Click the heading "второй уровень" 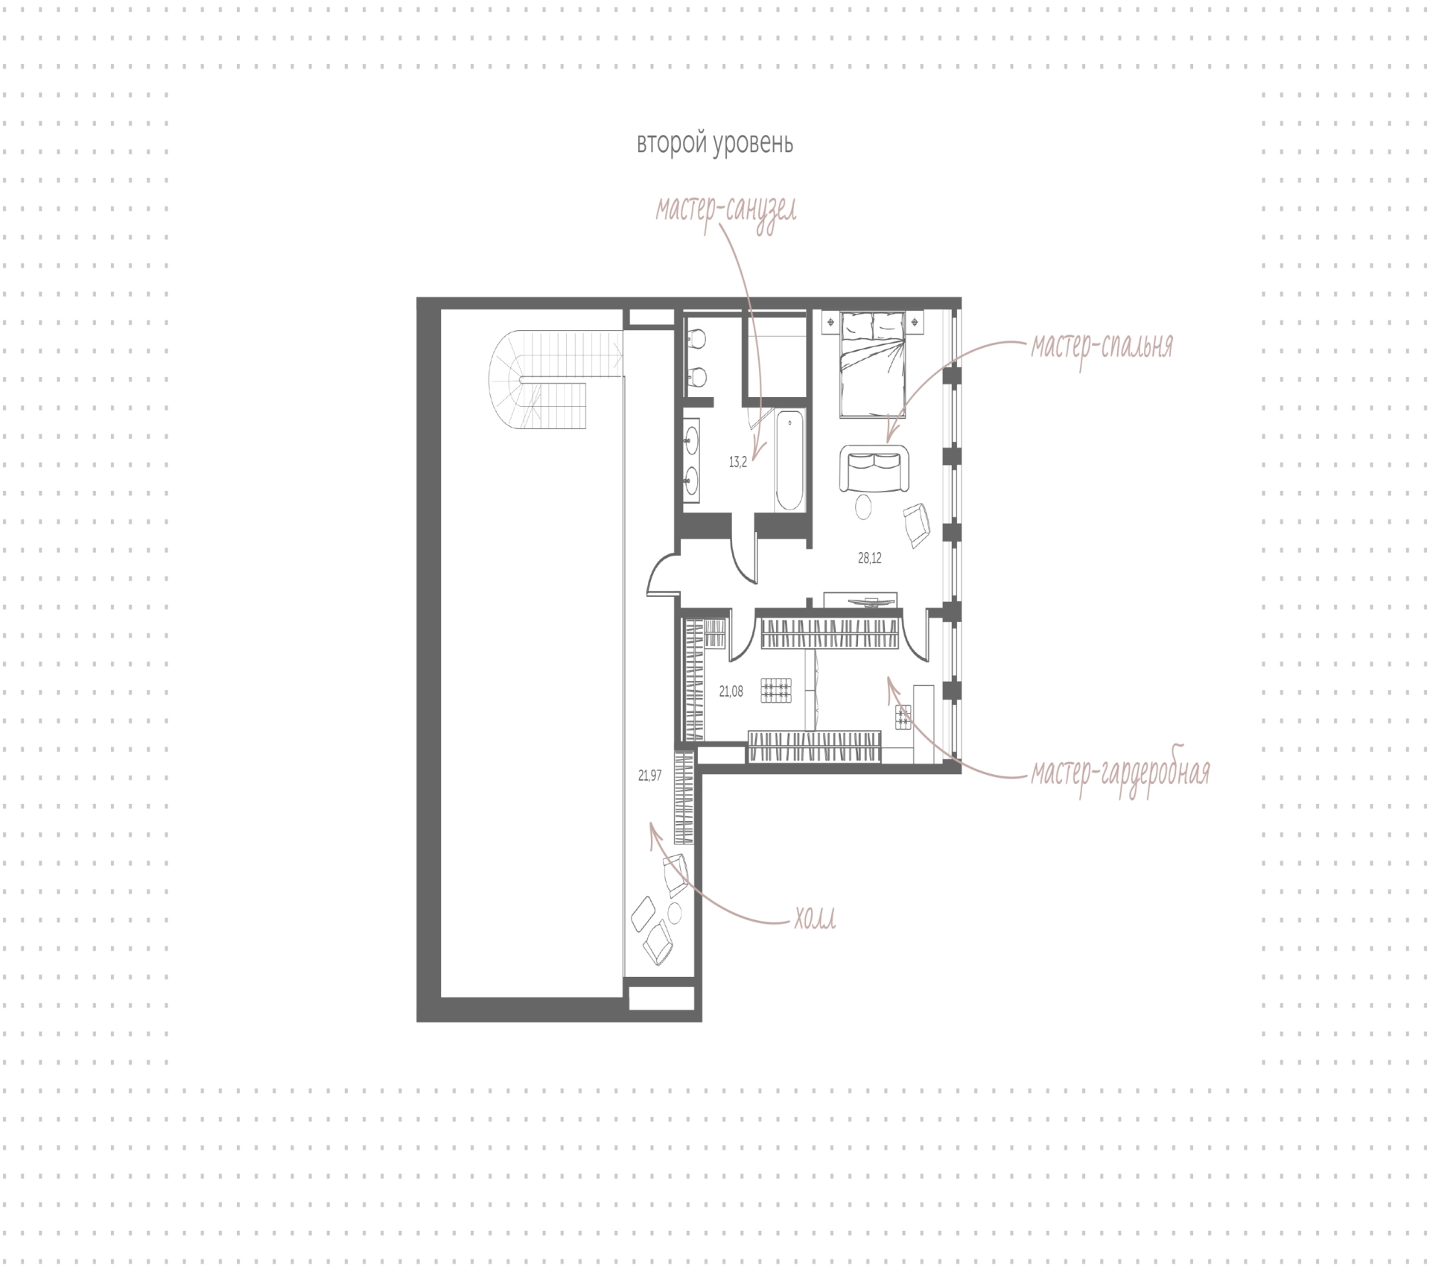tap(715, 144)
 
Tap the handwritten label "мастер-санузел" tap(726, 211)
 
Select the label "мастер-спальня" tap(1102, 346)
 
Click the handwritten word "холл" tap(814, 920)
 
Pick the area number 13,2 tap(737, 462)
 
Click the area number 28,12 tap(869, 558)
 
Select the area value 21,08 tap(731, 691)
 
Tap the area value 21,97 tap(649, 776)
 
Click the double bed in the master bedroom tap(872, 364)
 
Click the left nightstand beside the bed tap(830, 322)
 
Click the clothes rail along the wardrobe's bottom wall tap(815, 747)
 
